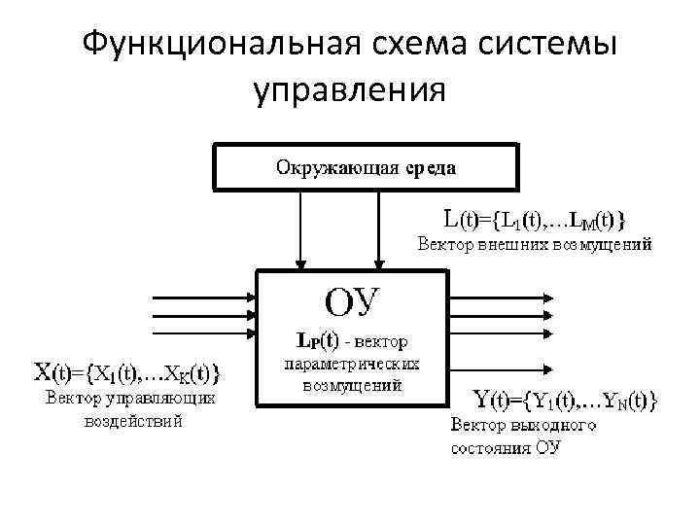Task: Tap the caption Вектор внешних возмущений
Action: (x=535, y=243)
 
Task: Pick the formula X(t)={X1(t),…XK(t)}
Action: (x=127, y=371)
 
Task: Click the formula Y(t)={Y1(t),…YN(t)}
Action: (x=565, y=399)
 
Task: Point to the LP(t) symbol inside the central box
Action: (x=317, y=341)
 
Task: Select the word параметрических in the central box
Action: (x=350, y=364)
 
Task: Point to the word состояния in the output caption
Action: (x=491, y=448)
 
